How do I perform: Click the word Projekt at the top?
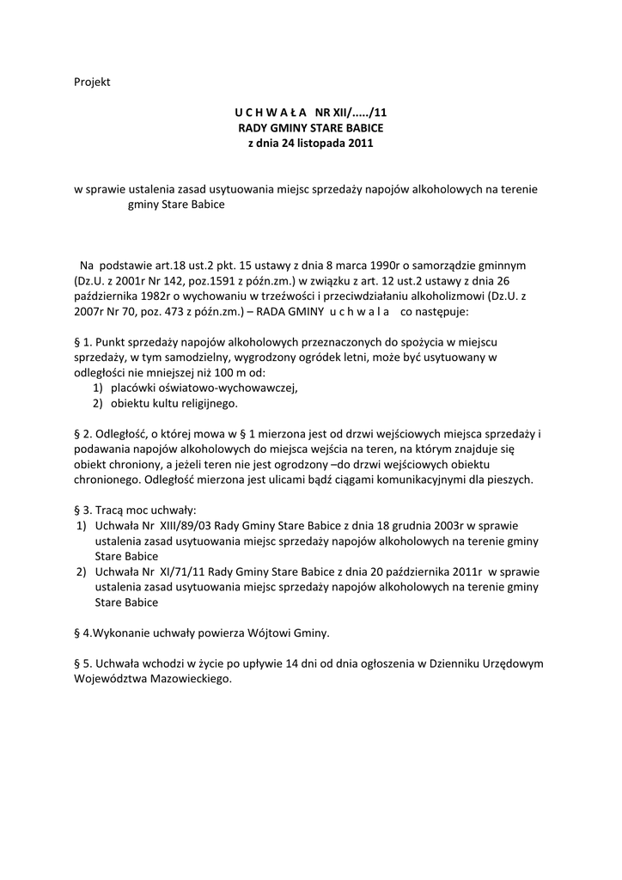point(92,82)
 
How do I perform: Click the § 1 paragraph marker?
point(82,342)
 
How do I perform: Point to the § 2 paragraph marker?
point(82,435)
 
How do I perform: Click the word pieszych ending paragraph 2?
point(510,479)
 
